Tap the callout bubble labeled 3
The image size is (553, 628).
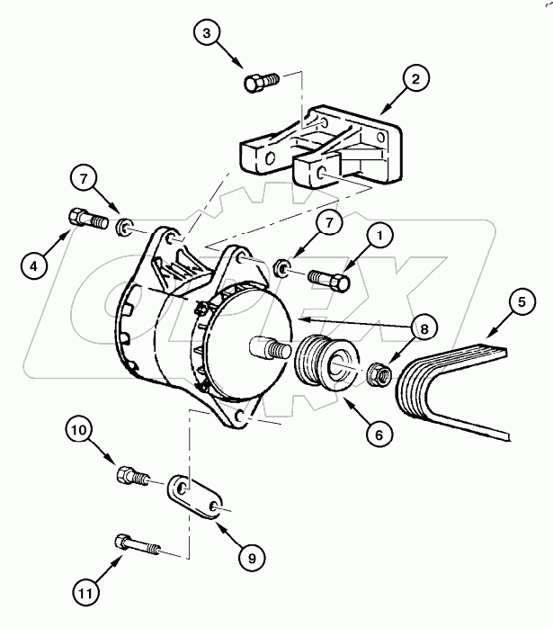click(x=209, y=34)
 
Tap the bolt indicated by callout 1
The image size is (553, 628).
click(x=329, y=281)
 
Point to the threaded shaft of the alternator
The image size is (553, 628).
click(x=269, y=345)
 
